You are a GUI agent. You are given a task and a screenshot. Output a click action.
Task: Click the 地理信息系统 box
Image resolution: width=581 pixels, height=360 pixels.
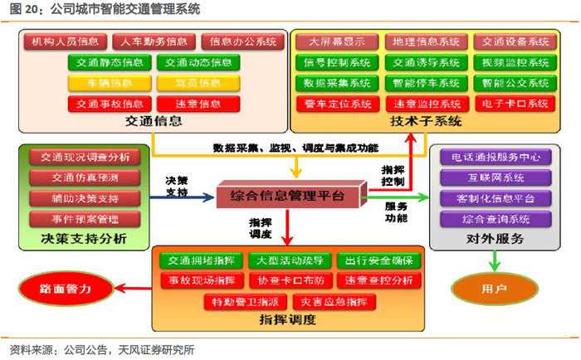(426, 41)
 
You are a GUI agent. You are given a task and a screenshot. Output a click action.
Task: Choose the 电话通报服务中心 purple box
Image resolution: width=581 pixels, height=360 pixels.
(496, 157)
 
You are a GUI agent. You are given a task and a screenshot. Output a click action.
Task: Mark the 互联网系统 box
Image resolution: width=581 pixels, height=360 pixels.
(496, 178)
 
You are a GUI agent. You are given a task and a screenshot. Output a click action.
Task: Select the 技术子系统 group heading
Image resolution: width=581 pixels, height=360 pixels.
(426, 122)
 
